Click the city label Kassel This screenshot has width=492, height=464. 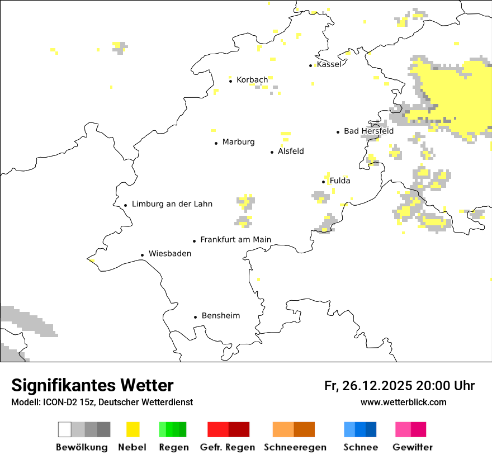329,64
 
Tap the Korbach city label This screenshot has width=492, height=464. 252,80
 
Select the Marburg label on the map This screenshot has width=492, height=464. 238,142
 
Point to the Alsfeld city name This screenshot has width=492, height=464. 291,151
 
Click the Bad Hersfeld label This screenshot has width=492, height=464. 368,131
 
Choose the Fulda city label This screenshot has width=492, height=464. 340,181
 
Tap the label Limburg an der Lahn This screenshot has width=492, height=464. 172,204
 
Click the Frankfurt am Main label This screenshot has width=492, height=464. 235,240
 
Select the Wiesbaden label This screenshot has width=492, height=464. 170,254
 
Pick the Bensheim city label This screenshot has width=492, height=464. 221,316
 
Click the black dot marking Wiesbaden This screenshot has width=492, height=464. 143,255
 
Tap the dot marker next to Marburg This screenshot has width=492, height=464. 216,143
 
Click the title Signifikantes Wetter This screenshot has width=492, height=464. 92,386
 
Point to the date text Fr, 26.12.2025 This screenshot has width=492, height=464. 368,386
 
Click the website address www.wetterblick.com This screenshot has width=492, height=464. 403,403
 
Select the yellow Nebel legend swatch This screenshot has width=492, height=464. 133,429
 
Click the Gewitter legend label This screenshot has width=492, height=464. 412,447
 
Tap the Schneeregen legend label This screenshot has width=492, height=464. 295,447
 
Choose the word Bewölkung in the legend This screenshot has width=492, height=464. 82,447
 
